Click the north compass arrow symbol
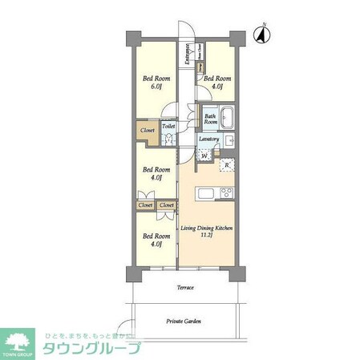[x=261, y=34]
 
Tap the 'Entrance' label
[x=186, y=55]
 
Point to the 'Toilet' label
[x=168, y=126]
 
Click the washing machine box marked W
[x=204, y=156]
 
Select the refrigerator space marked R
[x=227, y=166]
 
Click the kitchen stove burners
[x=226, y=192]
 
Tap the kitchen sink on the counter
[x=204, y=192]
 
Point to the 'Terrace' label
[x=185, y=286]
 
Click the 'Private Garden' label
[x=184, y=322]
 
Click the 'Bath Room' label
[x=209, y=119]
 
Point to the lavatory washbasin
[x=228, y=141]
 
